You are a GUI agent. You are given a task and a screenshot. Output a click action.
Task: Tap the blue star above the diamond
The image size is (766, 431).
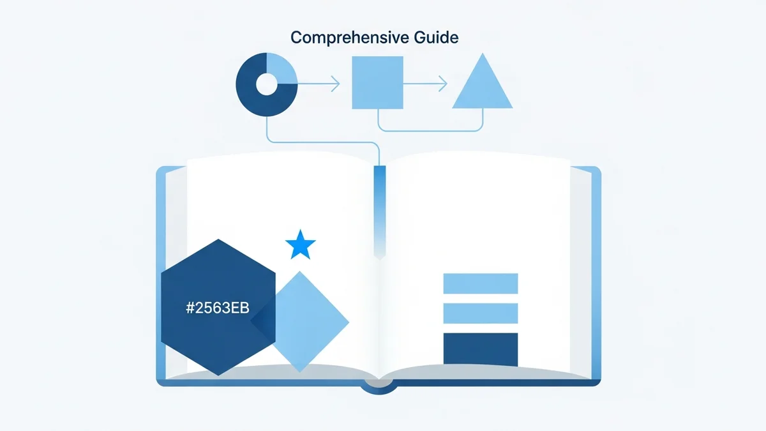[x=300, y=245]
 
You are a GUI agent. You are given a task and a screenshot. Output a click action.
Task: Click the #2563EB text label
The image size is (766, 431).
[x=218, y=308]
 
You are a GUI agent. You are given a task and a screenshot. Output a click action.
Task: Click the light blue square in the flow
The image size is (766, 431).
[x=378, y=82]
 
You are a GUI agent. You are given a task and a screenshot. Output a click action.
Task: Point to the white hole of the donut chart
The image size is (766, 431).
[x=266, y=82]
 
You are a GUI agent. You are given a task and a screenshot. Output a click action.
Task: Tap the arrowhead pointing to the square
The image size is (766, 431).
[x=336, y=83]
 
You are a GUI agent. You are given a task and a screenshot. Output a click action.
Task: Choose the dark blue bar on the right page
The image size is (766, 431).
[x=480, y=350]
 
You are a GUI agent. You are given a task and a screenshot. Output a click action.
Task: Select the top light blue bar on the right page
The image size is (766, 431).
[x=480, y=284]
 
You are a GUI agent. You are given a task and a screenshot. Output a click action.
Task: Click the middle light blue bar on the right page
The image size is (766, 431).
[x=480, y=314]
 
